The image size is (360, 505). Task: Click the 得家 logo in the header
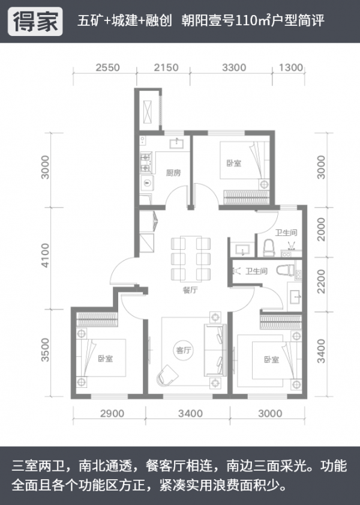click(35, 22)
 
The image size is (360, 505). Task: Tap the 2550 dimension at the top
click(107, 68)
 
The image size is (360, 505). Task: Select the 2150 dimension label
click(166, 68)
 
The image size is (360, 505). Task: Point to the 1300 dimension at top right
click(291, 68)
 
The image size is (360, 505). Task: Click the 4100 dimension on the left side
click(46, 255)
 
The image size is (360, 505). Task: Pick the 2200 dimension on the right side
click(321, 282)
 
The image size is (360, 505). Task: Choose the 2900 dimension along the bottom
click(112, 414)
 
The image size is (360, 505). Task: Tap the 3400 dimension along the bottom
click(190, 414)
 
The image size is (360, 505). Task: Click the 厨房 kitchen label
click(173, 173)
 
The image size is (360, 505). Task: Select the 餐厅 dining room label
click(190, 290)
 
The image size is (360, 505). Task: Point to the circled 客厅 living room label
click(184, 350)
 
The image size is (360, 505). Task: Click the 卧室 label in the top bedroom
click(234, 163)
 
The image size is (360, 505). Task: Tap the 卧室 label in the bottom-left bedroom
click(106, 358)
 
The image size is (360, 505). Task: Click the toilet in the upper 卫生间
click(269, 247)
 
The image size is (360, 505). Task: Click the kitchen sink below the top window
click(176, 143)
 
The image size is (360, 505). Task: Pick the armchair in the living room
click(167, 375)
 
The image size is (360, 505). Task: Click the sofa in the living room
click(215, 350)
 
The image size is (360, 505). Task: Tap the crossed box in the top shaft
click(148, 111)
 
